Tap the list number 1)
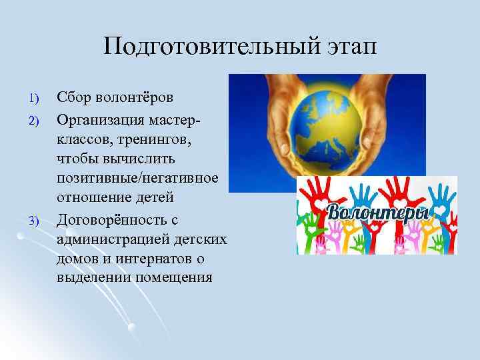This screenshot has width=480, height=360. click(35, 99)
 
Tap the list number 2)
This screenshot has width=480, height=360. click(35, 121)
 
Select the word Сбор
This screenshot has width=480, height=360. click(76, 97)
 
